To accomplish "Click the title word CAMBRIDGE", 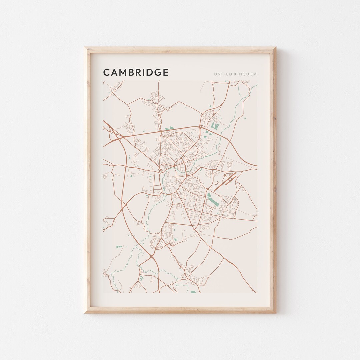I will [136, 72].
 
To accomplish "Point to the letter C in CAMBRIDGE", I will [107, 72].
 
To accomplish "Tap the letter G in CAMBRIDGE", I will [158, 72].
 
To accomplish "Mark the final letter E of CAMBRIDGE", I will [166, 72].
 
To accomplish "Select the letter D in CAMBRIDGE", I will [150, 72].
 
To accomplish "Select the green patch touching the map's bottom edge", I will [193, 292].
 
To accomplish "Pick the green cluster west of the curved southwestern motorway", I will [118, 247].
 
